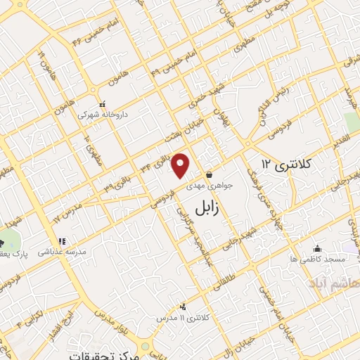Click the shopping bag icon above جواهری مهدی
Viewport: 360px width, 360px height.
click(209, 174)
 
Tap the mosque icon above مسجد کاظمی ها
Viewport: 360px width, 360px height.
click(317, 248)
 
